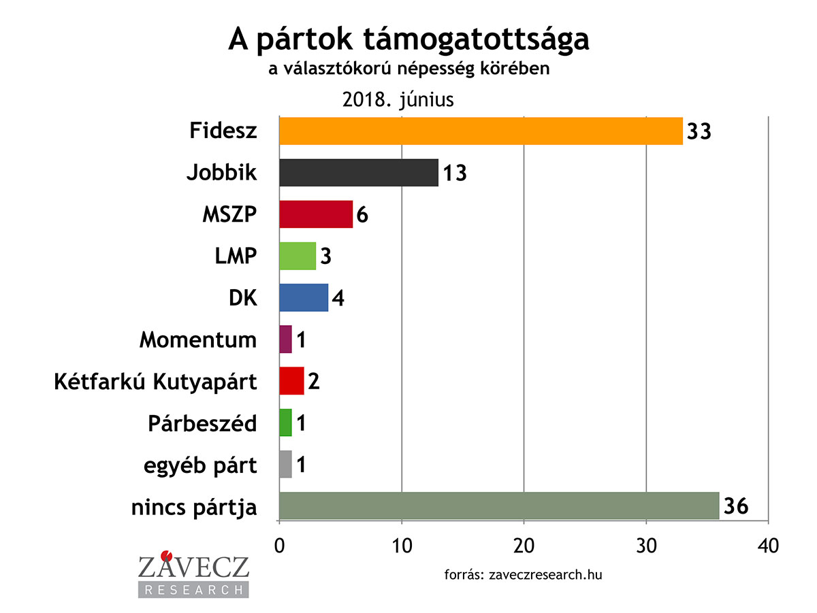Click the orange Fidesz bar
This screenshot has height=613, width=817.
click(x=481, y=131)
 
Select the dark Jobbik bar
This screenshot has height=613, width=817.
click(x=359, y=173)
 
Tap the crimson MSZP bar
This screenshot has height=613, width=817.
click(x=316, y=214)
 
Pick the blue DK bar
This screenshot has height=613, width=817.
click(x=304, y=297)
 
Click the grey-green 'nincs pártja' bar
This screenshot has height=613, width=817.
click(x=499, y=506)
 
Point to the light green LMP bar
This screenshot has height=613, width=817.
click(x=298, y=256)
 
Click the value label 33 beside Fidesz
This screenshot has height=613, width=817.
click(x=699, y=131)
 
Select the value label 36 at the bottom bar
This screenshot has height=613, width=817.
click(x=735, y=506)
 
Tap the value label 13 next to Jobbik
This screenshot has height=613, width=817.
click(x=454, y=173)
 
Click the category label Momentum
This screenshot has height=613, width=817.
click(x=198, y=339)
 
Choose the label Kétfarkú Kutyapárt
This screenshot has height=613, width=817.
click(x=156, y=381)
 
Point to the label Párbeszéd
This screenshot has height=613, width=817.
click(x=202, y=423)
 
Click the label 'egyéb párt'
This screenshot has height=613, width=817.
click(x=200, y=465)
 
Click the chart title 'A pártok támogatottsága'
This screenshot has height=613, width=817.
click(x=408, y=41)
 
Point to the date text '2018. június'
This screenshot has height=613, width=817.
click(x=398, y=100)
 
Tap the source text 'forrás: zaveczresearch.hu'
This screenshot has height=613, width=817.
click(x=523, y=574)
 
